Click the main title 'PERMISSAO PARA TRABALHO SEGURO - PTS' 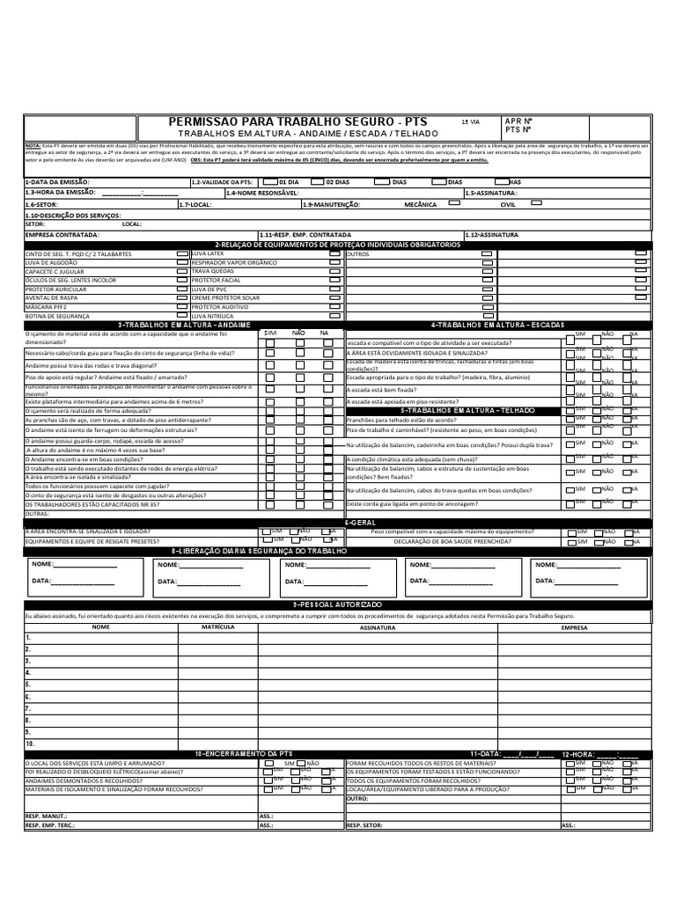[298, 121]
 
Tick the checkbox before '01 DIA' [270, 181]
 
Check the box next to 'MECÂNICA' [454, 203]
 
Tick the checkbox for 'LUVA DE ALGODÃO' [182, 262]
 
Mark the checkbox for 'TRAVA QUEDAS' [334, 271]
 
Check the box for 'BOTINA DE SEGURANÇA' [182, 315]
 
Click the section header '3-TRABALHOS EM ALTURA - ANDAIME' [185, 325]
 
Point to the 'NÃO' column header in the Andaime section [298, 333]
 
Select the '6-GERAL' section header [360, 522]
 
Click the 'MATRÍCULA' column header [217, 628]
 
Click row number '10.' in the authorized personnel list [30, 744]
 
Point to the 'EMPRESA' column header [575, 628]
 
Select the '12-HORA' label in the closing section [578, 754]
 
